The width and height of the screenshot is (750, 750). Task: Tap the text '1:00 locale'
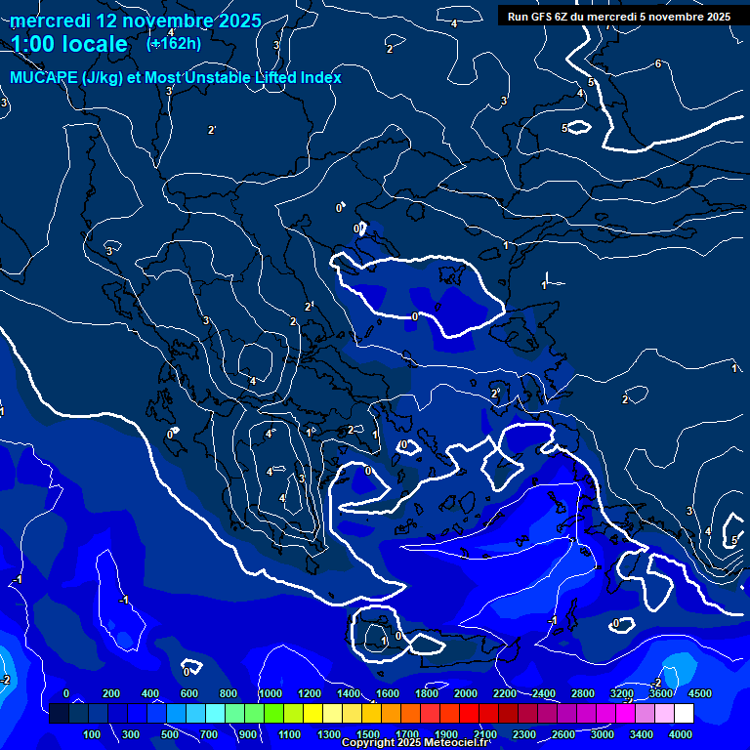pyautogui.click(x=69, y=44)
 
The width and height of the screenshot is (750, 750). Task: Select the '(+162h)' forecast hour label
pyautogui.click(x=174, y=43)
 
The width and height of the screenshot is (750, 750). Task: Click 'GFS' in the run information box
pyautogui.click(x=543, y=17)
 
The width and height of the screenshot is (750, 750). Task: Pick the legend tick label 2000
pyautogui.click(x=466, y=693)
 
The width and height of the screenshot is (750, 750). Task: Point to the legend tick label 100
pyautogui.click(x=93, y=734)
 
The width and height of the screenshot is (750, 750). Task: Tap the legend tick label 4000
pyautogui.click(x=681, y=734)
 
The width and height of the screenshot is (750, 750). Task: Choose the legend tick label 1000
pyautogui.click(x=271, y=693)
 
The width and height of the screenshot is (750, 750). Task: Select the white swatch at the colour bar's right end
pyautogui.click(x=684, y=714)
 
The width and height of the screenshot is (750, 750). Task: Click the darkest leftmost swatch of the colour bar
pyautogui.click(x=59, y=714)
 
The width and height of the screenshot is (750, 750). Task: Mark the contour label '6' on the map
pyautogui.click(x=658, y=64)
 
